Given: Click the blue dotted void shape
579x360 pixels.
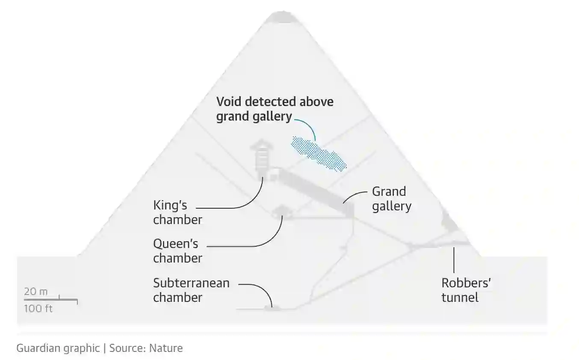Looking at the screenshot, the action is pyautogui.click(x=319, y=153).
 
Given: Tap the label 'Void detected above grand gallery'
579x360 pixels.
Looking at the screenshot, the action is pyautogui.click(x=275, y=109).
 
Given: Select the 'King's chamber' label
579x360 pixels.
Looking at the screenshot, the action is pyautogui.click(x=177, y=212).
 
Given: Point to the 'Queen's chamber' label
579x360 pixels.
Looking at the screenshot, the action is pyautogui.click(x=177, y=251).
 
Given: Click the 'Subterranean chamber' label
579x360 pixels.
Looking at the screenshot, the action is pyautogui.click(x=191, y=290).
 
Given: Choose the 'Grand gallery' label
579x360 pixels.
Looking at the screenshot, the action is pyautogui.click(x=391, y=198).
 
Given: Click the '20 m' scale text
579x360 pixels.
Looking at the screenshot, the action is pyautogui.click(x=36, y=292).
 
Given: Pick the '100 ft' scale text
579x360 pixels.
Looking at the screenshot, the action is pyautogui.click(x=38, y=308).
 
